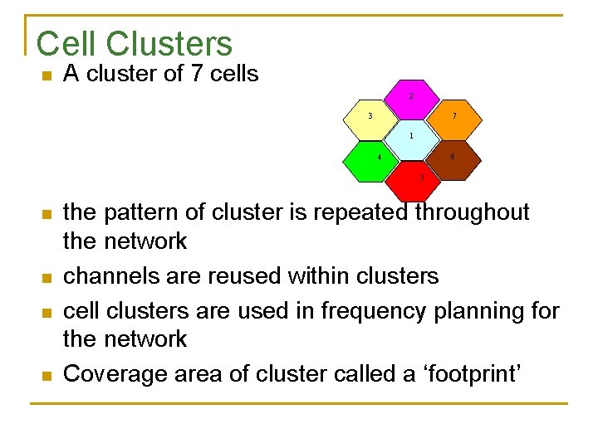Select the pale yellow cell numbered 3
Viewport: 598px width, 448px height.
(370, 117)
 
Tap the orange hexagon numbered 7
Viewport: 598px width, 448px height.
(453, 117)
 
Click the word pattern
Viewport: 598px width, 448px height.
(144, 212)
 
